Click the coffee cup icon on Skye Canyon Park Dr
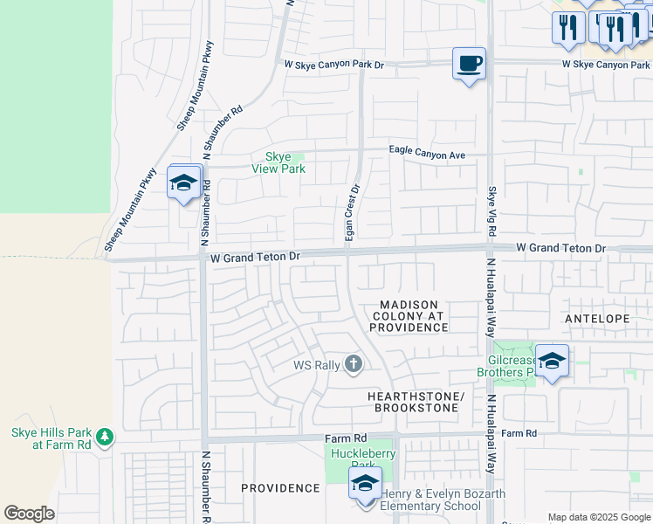469,64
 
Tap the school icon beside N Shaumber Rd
184,183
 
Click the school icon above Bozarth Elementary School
366,483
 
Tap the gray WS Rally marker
353,363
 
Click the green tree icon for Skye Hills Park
104,436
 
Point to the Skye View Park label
278,162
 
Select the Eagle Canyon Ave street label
427,155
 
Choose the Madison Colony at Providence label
408,315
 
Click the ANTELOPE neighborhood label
597,319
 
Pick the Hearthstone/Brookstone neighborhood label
413,402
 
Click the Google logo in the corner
29,514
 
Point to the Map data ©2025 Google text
598,517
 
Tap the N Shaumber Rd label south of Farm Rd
207,486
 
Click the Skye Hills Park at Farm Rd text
50,438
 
